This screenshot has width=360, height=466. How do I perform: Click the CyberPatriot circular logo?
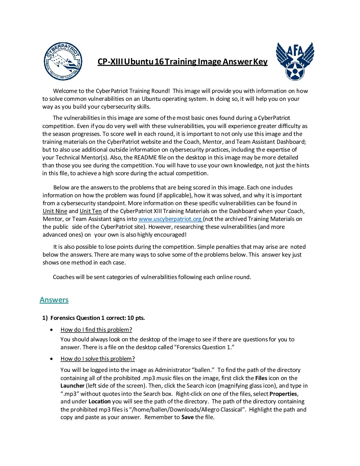coord(63,61)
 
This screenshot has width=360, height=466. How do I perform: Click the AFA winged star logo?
coord(295,61)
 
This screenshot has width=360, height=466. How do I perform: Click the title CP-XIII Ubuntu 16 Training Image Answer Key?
coord(182,62)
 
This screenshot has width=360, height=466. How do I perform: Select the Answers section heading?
coord(54,300)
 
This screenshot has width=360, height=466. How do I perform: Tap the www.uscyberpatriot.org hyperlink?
coord(170,219)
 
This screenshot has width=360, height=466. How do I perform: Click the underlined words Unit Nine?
coord(55,211)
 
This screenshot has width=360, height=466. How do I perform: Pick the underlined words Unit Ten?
coord(90,211)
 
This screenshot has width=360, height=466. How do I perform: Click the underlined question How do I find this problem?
coord(96,330)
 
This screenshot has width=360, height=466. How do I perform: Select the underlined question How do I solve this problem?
coord(97,359)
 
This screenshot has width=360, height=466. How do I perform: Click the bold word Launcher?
coord(72,386)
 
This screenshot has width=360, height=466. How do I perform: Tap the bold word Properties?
coord(283,394)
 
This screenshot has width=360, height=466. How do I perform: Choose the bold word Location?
coord(100,402)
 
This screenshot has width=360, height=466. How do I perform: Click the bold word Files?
coord(261,378)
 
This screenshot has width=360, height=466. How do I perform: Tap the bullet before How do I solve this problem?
coord(53,359)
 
